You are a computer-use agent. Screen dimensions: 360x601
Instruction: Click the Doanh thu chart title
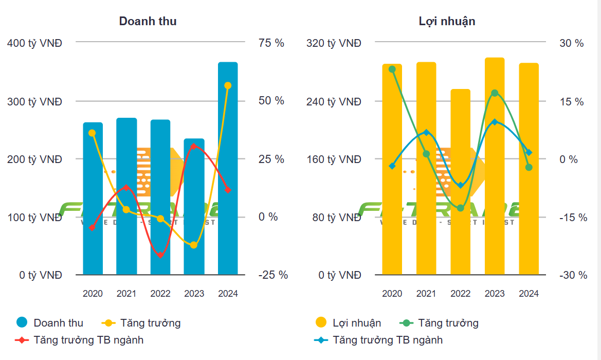coord(148,21)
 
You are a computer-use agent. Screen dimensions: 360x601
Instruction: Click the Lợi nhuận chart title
coord(447,21)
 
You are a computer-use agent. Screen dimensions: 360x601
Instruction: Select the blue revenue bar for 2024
coord(228,170)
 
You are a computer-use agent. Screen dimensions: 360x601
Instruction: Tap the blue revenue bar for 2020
coord(93,201)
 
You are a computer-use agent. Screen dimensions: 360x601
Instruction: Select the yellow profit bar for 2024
coord(529,170)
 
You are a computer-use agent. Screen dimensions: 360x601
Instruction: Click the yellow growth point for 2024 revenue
coord(228,85)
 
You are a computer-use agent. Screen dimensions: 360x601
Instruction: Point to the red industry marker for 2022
coord(160,255)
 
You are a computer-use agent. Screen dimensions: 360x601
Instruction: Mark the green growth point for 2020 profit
coord(392,69)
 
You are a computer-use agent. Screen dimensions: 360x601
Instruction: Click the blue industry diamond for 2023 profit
coord(495,122)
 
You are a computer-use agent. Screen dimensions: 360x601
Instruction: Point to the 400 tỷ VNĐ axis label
coord(34,43)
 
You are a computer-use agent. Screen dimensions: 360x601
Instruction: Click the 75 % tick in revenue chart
coord(271,43)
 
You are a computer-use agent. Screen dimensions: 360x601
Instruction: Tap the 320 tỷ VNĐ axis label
coord(334,43)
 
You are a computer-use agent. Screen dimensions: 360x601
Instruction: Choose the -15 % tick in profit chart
coord(573,218)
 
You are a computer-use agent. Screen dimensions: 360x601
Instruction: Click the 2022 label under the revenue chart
coord(160,294)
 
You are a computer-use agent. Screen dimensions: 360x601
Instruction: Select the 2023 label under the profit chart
coord(495,294)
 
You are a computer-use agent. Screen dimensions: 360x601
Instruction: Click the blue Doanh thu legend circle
coord(22,323)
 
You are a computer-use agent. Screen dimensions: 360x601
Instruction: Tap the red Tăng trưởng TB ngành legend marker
coord(22,340)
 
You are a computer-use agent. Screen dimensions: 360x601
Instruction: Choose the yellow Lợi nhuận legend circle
coord(321,323)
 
